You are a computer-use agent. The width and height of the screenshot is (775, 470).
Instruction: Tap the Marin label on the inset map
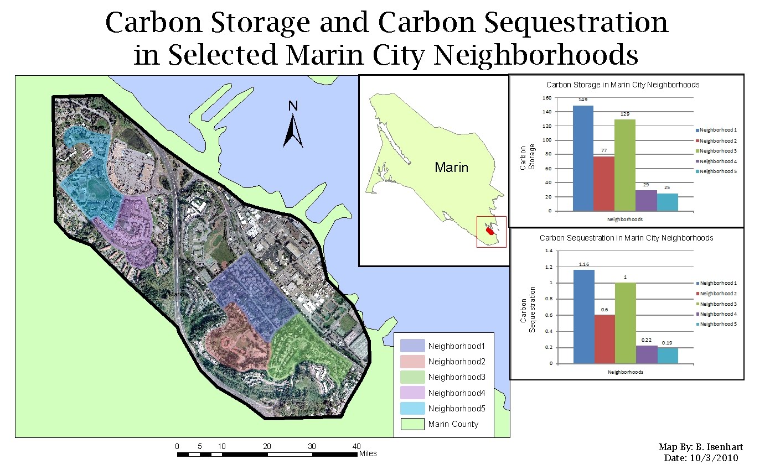(451, 167)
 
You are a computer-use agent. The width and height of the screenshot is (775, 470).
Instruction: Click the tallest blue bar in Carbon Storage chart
(583, 158)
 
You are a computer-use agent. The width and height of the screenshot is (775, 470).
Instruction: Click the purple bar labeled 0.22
(646, 354)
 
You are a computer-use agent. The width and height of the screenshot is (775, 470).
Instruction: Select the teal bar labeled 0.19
(667, 356)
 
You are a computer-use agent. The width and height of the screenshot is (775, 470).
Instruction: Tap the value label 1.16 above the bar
(584, 265)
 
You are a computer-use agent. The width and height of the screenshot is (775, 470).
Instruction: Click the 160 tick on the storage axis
(547, 98)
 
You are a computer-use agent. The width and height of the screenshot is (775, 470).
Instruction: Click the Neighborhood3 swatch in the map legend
(412, 377)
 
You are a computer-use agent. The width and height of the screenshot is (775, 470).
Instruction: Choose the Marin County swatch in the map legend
(412, 424)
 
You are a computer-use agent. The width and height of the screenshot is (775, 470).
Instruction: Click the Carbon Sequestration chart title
(626, 238)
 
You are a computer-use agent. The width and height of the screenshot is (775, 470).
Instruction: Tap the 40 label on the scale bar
(356, 446)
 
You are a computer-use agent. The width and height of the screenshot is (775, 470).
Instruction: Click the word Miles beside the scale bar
(368, 454)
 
